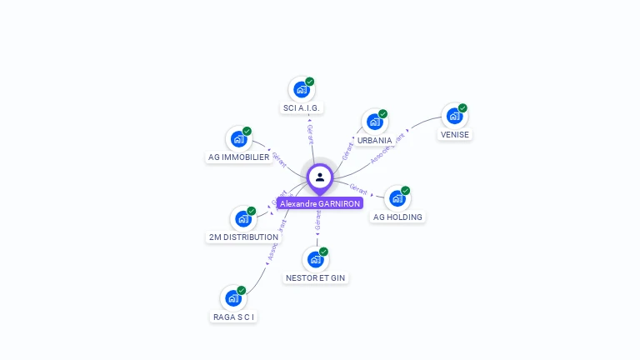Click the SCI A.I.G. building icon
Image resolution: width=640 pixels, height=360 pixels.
(301, 90)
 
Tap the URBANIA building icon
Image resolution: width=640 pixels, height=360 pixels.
(374, 122)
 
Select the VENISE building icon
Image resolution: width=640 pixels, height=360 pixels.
(454, 117)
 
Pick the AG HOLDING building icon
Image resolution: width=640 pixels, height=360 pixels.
(397, 199)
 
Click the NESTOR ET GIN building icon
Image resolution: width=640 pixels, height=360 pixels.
(315, 260)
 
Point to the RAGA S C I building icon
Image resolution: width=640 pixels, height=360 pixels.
(232, 298)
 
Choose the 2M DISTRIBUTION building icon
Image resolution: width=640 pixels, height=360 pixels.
(242, 219)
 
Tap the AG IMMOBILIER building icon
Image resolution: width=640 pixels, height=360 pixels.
(238, 139)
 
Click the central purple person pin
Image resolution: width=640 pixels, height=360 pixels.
(320, 177)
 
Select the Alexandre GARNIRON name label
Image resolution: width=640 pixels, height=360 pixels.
(320, 203)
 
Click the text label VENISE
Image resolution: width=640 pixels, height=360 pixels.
(455, 134)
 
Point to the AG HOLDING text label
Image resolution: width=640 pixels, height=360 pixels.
(397, 217)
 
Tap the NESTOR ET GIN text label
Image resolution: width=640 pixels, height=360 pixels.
(316, 277)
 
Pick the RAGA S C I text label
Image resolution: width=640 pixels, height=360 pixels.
(233, 317)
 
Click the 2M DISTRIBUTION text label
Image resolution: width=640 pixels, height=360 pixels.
(243, 237)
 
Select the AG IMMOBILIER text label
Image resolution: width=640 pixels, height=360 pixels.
(238, 157)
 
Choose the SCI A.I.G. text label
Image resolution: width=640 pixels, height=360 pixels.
(302, 107)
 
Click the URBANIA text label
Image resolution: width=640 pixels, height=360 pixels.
(375, 140)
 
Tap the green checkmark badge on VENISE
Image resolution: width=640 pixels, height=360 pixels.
(462, 108)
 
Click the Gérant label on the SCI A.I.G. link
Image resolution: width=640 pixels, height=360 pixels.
(310, 134)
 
